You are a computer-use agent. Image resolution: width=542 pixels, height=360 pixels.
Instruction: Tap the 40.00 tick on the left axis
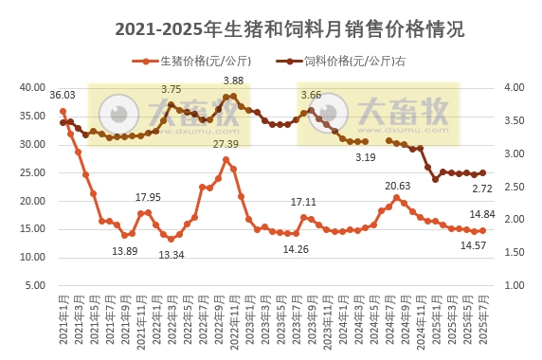point(34,87)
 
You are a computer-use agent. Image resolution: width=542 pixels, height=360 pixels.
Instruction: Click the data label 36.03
point(63,95)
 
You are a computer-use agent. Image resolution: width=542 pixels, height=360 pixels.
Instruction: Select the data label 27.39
point(226,144)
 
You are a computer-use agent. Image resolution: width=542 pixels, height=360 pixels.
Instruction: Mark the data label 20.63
point(398,186)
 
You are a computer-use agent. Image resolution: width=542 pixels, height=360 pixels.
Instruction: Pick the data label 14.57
point(473,245)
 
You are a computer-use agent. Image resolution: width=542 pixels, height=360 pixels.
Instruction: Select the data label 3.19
point(366,157)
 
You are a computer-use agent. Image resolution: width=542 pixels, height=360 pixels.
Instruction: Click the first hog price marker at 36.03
point(63,111)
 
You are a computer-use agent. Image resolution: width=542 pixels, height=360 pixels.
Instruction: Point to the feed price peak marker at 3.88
point(233,96)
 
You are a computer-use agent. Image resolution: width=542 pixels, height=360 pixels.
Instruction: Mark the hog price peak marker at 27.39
point(226,159)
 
